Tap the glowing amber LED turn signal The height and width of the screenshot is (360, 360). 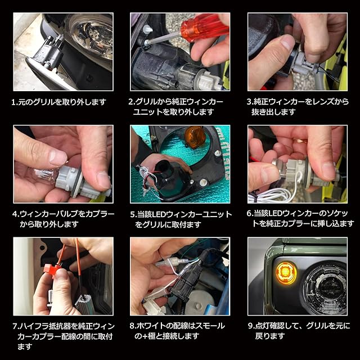click(286, 273)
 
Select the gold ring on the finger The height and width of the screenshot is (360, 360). click(301, 141)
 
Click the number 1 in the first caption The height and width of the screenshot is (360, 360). click(13, 102)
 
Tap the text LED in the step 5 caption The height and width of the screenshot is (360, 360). click(157, 215)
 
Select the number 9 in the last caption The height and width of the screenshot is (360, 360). click(250, 326)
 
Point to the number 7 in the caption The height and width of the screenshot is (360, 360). click(15, 326)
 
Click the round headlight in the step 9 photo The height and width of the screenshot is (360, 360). click(325, 287)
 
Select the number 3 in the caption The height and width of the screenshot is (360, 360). click(249, 102)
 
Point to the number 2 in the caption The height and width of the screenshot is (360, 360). click(131, 102)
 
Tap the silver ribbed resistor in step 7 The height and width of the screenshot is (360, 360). click(84, 303)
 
